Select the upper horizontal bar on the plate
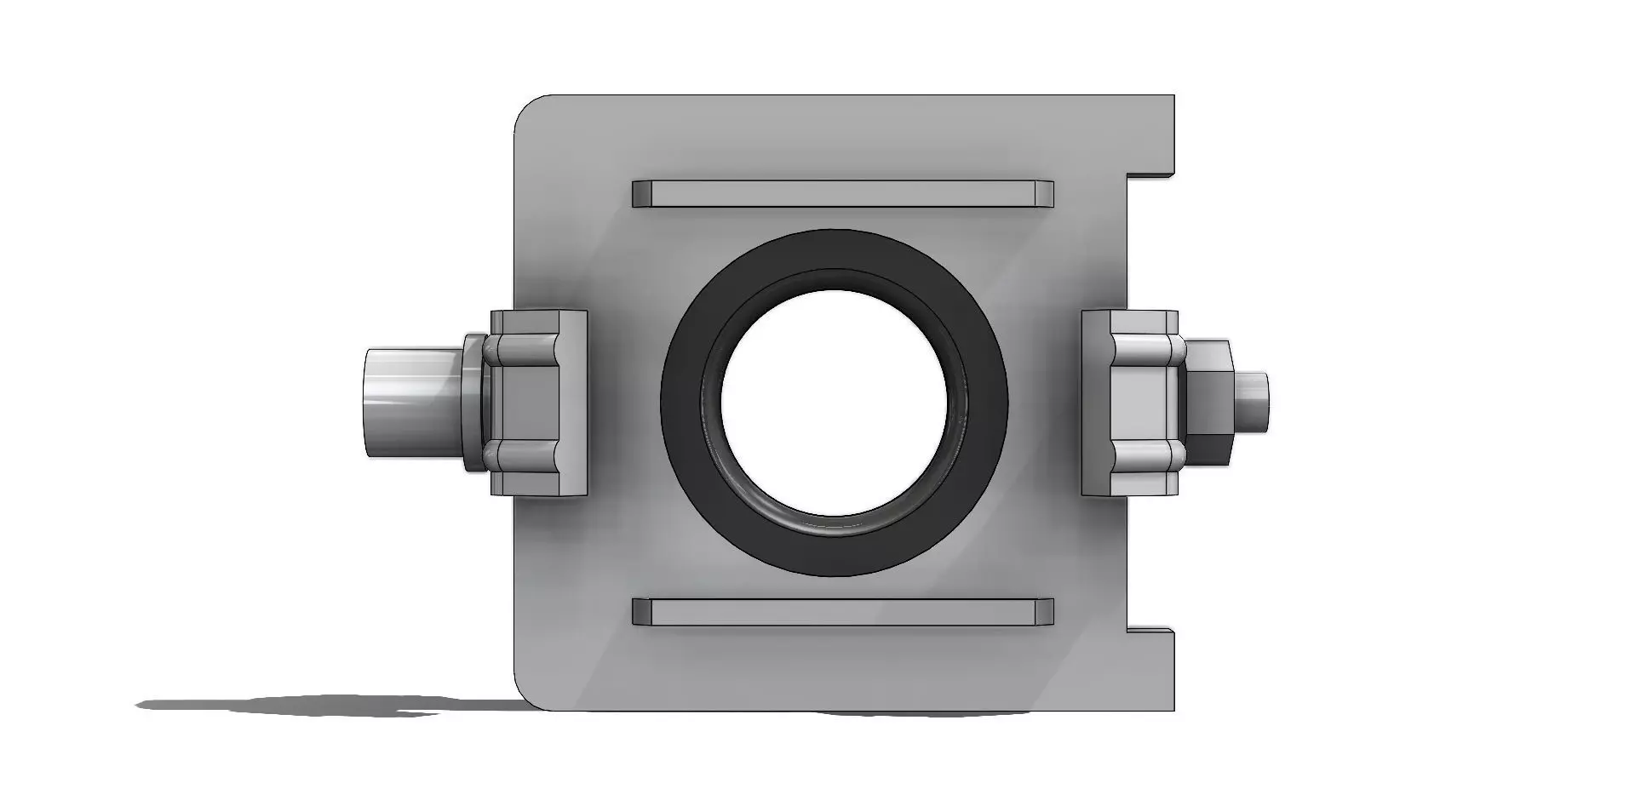point(842,193)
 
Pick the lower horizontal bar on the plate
point(842,612)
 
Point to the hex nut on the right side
point(1208,401)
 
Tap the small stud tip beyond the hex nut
point(1254,399)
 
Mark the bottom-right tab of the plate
point(1151,669)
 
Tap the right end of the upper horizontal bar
point(1043,193)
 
